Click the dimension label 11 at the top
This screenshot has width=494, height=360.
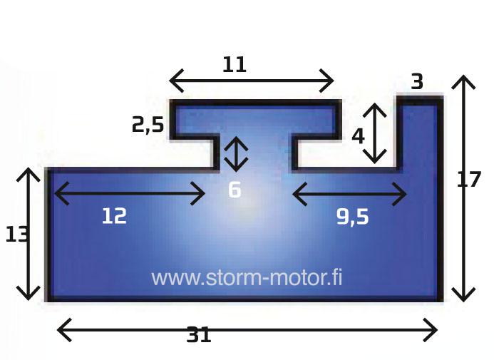[x=234, y=65]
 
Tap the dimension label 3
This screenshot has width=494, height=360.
[x=417, y=82]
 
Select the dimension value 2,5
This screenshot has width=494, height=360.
[x=148, y=125]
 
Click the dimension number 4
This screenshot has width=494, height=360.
[x=358, y=135]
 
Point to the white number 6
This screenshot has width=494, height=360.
[x=235, y=190]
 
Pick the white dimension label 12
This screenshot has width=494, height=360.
[x=113, y=215]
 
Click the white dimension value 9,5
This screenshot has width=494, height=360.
[x=352, y=217]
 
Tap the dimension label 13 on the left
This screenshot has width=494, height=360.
[x=16, y=234]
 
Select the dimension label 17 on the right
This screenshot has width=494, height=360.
[x=469, y=180]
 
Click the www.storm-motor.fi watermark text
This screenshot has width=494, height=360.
[x=247, y=277]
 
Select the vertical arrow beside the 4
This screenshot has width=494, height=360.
[x=376, y=133]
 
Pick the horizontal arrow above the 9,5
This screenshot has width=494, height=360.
[x=349, y=193]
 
